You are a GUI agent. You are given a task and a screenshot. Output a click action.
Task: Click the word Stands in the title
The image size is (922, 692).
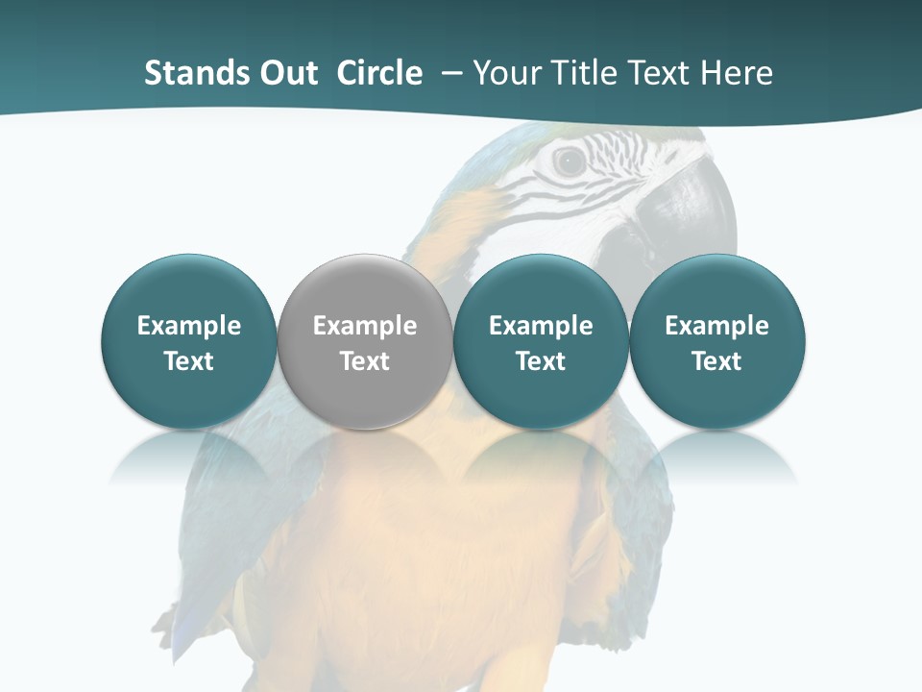189,73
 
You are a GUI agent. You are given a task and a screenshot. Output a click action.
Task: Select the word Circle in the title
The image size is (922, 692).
379,73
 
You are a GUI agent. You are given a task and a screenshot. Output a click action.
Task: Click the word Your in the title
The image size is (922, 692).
504,73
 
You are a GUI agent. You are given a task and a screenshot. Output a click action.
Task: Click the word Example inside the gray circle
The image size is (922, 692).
365,326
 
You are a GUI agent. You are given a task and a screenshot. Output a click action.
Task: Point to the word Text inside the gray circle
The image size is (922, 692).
365,361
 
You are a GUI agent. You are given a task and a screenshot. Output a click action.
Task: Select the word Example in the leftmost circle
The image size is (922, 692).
189,326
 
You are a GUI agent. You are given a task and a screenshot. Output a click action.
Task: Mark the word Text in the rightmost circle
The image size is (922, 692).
716,361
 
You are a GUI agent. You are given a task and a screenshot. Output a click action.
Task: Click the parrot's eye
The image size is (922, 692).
569,161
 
